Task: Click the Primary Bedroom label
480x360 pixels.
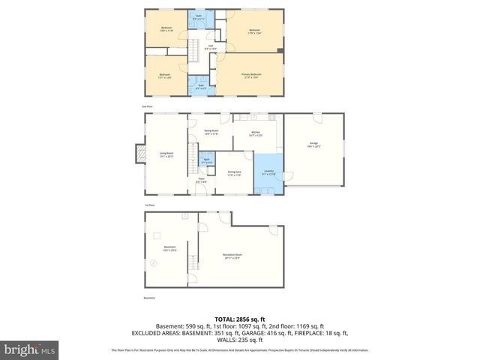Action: [x=251, y=75]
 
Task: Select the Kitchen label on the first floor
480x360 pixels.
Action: [x=255, y=133]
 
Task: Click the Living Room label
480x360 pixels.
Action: [x=166, y=155]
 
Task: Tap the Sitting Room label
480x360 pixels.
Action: [x=211, y=133]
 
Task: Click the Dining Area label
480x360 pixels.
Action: [x=234, y=172]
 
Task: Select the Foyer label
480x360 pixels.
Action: [x=202, y=180]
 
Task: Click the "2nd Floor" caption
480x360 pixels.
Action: [x=147, y=107]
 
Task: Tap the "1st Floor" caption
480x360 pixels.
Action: [x=149, y=204]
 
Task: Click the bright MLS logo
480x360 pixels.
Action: [x=28, y=349]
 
